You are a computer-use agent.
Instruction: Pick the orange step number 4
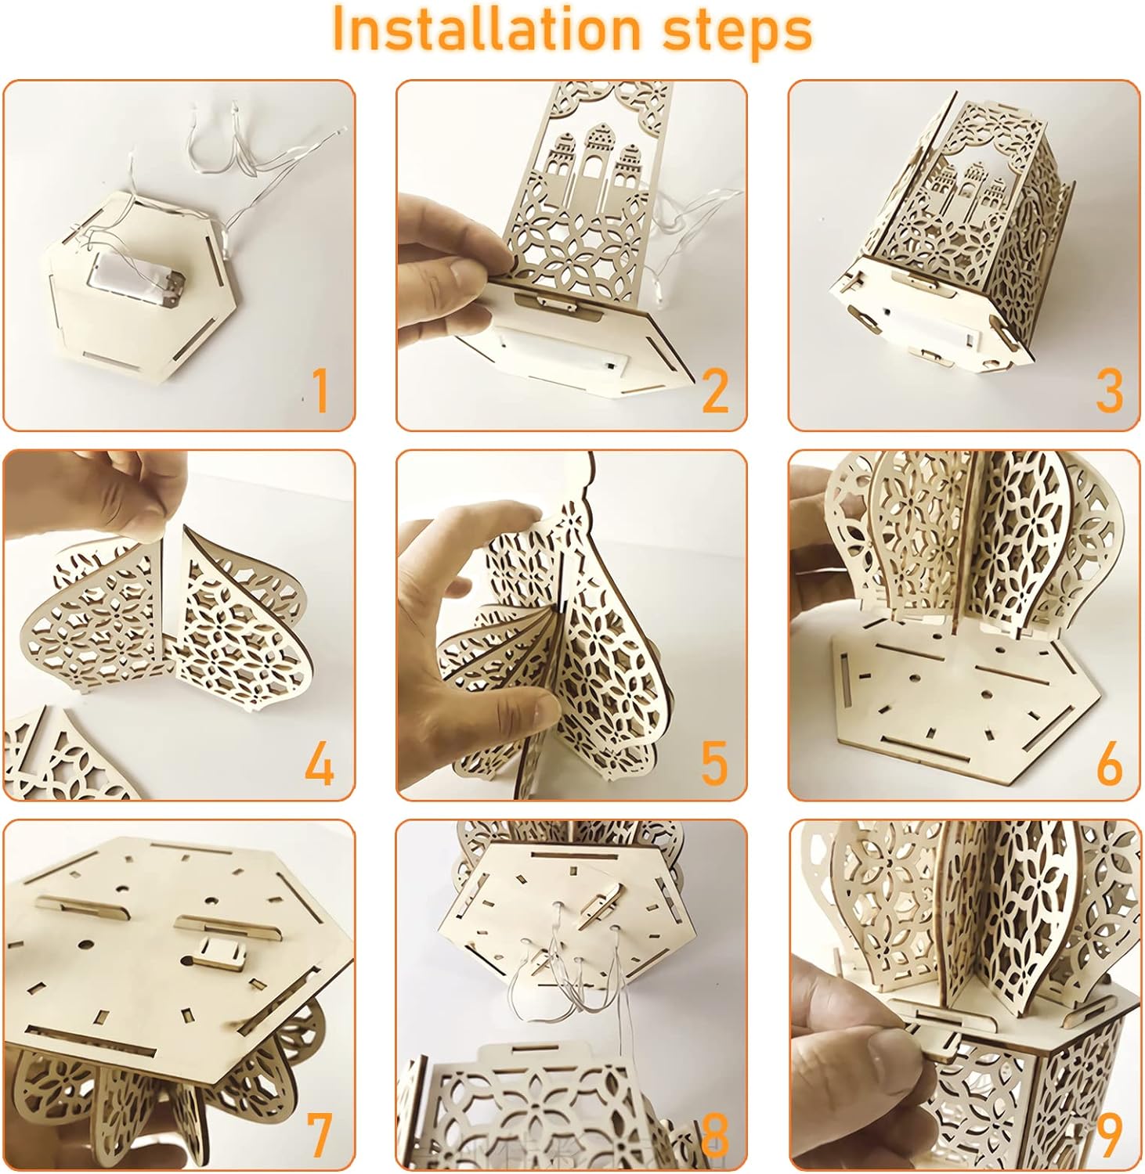319,763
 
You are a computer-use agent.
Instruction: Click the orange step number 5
713,763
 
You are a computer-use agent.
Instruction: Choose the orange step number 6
1109,763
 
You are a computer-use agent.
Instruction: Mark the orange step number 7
319,1135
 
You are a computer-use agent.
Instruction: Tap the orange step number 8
714,1135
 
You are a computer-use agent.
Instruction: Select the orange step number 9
1109,1135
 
